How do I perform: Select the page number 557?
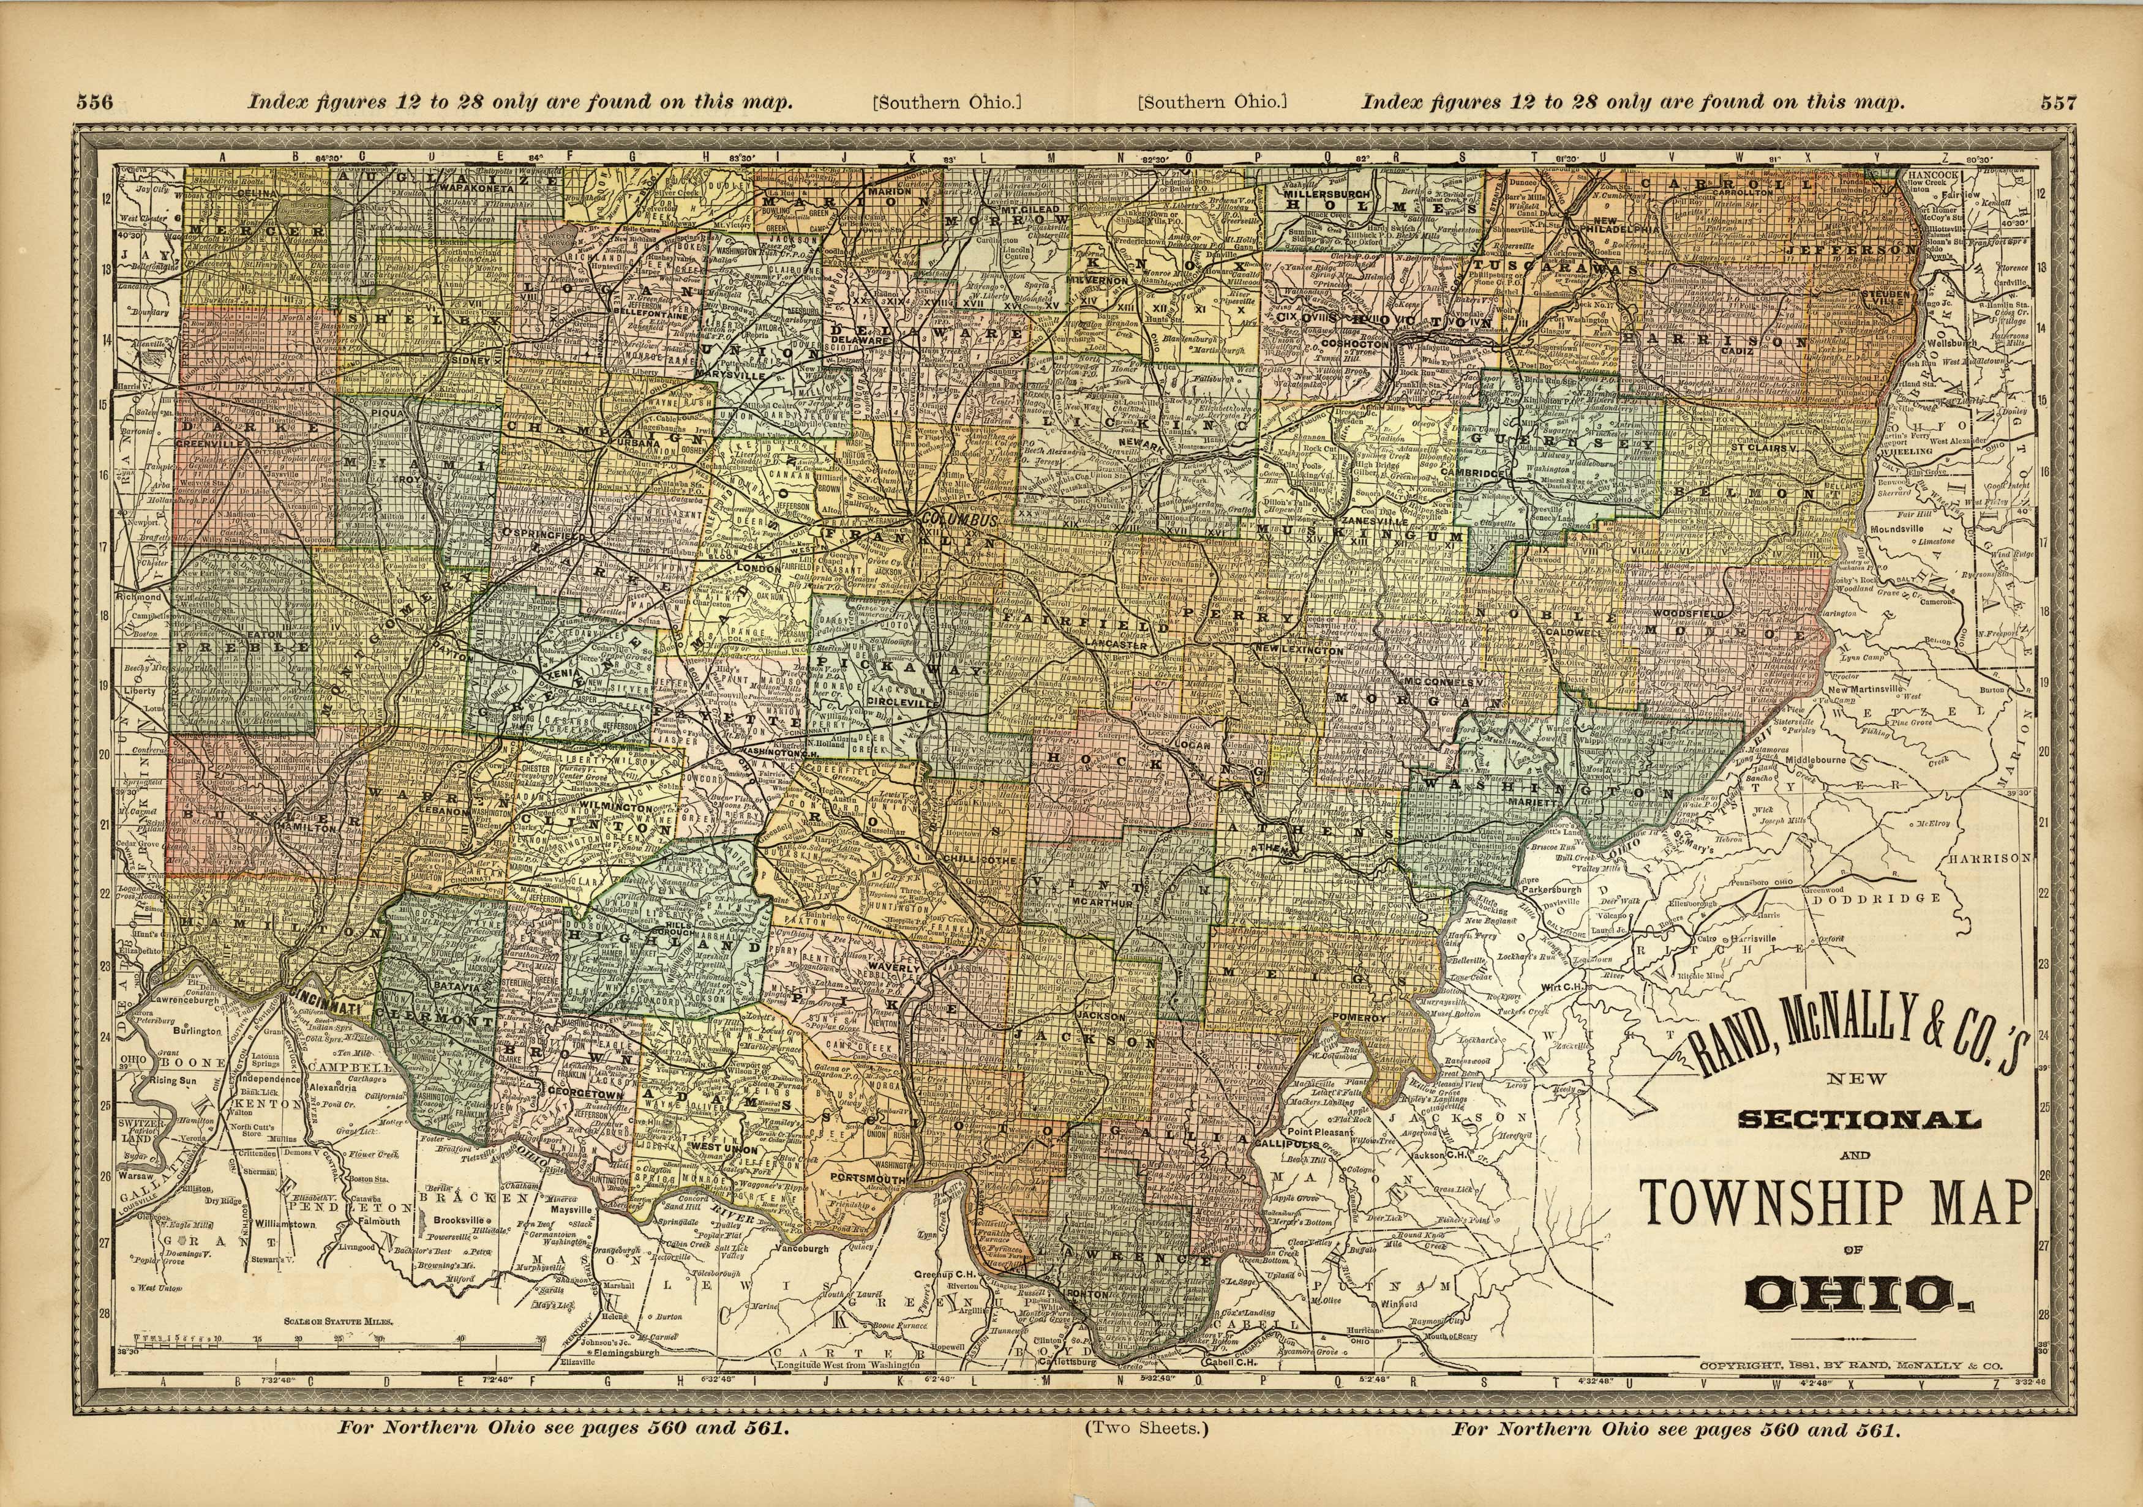tap(2058, 103)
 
